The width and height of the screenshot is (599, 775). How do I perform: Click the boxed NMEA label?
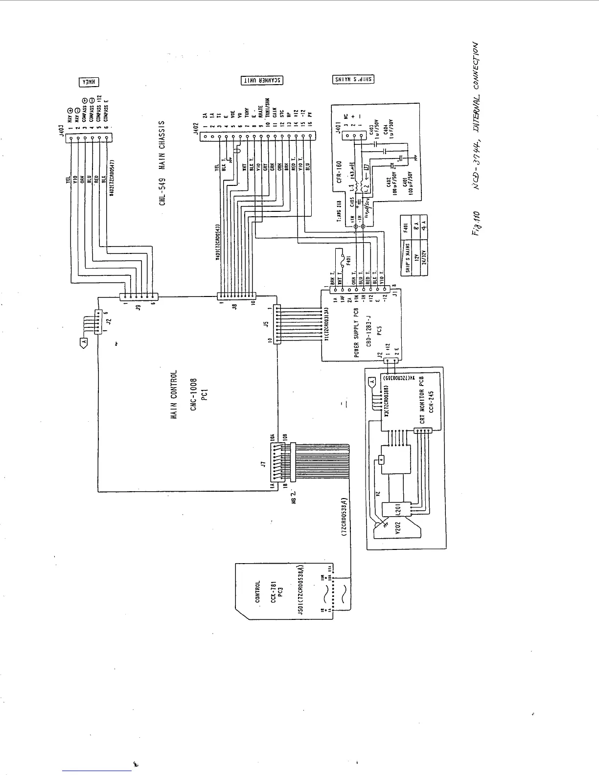[89, 82]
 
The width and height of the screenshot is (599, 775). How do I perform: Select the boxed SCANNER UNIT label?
[262, 81]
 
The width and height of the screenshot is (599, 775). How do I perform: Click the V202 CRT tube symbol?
[396, 529]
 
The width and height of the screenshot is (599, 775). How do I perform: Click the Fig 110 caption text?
[474, 225]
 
